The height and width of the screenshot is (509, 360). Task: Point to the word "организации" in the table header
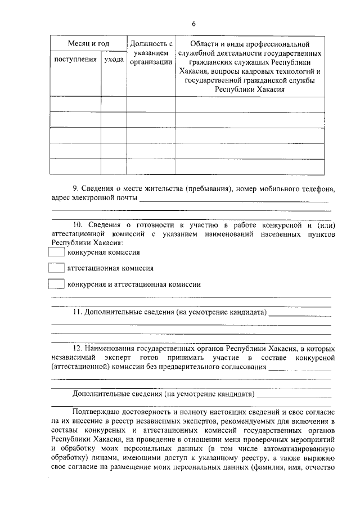point(151,62)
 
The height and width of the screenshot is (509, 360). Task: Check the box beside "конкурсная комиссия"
point(56,253)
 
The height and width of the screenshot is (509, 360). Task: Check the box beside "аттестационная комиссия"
point(56,269)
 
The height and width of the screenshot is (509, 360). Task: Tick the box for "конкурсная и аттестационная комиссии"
point(56,285)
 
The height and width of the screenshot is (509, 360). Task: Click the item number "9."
point(77,188)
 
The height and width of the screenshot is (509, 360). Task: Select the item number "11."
point(79,312)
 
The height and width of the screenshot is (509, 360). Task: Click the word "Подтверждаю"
point(97,411)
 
